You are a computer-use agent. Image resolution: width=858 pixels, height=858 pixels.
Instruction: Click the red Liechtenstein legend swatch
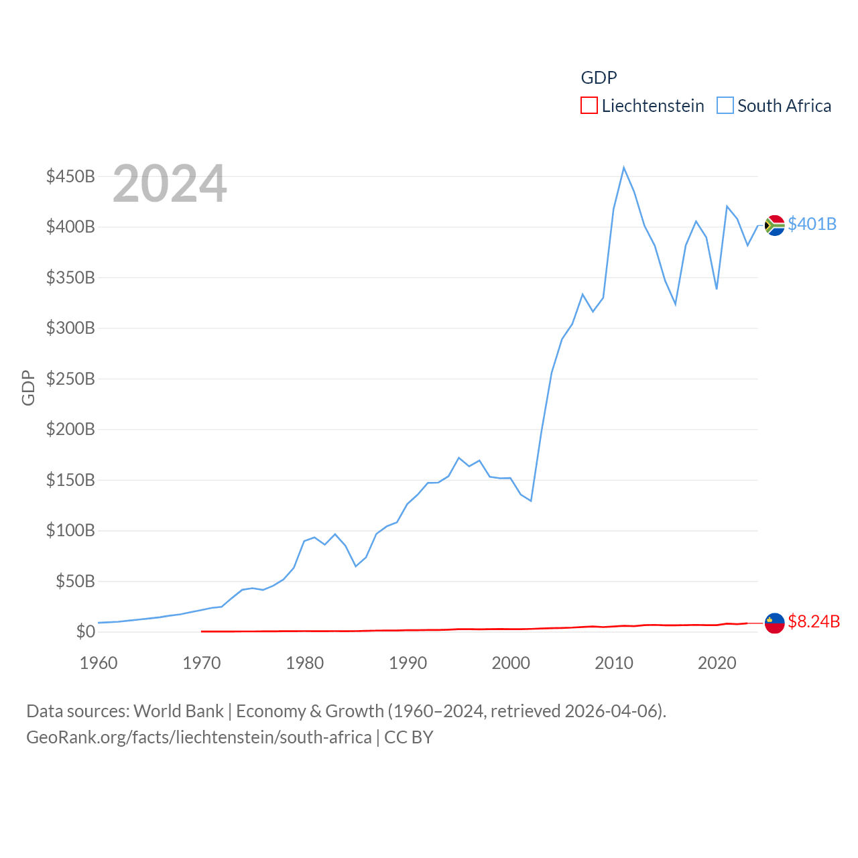[589, 106]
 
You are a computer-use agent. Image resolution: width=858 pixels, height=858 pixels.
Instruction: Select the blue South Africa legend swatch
[725, 106]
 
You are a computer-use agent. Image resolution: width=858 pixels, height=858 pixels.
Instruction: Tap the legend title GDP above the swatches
[599, 78]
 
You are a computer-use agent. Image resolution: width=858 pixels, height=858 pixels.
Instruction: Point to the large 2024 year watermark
[170, 184]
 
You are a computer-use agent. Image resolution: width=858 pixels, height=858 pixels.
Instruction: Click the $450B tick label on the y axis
[70, 176]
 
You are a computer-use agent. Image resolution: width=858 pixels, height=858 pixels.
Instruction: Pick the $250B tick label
[70, 379]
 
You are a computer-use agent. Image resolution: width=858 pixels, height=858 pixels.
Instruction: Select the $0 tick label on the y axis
[85, 631]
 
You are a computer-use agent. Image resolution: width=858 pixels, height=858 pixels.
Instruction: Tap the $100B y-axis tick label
[70, 530]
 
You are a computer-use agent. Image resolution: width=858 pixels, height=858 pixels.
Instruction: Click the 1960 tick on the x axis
[99, 663]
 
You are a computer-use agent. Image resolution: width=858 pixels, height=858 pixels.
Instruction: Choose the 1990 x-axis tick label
[408, 663]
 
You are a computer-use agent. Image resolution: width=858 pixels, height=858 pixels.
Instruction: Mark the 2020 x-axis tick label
[717, 663]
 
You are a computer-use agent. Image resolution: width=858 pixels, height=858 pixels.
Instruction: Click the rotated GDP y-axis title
[28, 387]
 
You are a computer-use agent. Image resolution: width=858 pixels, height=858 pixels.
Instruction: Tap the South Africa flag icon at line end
[774, 225]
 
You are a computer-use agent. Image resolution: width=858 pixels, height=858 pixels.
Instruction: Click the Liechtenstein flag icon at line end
[774, 623]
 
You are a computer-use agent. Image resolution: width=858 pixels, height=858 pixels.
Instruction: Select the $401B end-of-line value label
[812, 224]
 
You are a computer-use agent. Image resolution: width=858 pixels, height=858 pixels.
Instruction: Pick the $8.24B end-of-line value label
[813, 621]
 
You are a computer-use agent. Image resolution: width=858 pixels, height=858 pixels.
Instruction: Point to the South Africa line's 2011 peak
[623, 168]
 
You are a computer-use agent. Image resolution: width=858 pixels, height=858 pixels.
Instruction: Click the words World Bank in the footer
[178, 711]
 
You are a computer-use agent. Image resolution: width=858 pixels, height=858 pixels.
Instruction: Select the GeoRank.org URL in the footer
[198, 737]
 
